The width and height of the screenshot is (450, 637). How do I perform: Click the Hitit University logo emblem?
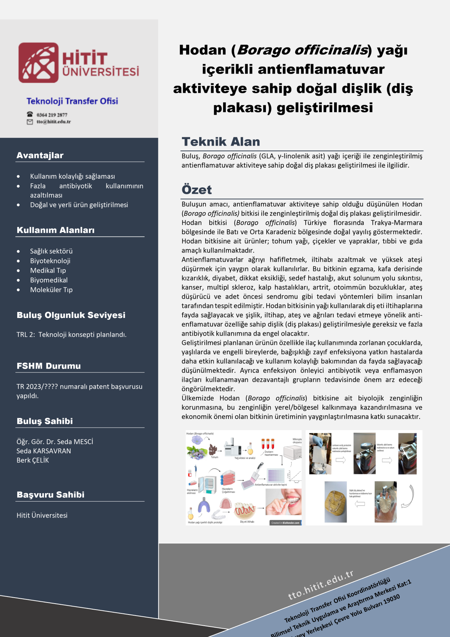(x=39, y=63)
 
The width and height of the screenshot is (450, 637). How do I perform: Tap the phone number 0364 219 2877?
(x=52, y=115)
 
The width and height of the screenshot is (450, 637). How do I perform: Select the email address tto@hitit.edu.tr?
(x=54, y=122)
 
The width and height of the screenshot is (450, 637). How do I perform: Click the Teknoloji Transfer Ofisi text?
(x=72, y=101)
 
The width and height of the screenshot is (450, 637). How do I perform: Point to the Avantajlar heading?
(x=40, y=155)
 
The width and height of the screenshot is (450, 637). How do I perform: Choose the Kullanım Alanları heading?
(x=55, y=230)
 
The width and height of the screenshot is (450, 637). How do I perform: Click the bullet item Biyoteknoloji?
(x=50, y=261)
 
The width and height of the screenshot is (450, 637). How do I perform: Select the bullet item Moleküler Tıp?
(x=51, y=290)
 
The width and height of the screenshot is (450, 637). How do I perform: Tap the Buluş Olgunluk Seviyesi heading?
(x=71, y=315)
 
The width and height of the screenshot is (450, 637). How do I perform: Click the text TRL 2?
(x=25, y=334)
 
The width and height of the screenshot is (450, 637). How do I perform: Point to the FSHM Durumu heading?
(x=49, y=366)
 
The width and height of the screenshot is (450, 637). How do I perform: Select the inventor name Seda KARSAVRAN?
(x=43, y=451)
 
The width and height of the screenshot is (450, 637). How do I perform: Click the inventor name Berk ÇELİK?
(x=33, y=460)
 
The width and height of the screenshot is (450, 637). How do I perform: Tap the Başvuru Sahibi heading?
(x=51, y=495)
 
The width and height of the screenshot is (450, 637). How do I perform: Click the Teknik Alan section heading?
(x=221, y=142)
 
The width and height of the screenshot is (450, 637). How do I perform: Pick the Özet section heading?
(x=196, y=190)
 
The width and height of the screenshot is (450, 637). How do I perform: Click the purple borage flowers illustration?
(x=196, y=449)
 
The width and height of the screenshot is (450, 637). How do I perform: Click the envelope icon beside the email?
(x=30, y=122)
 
